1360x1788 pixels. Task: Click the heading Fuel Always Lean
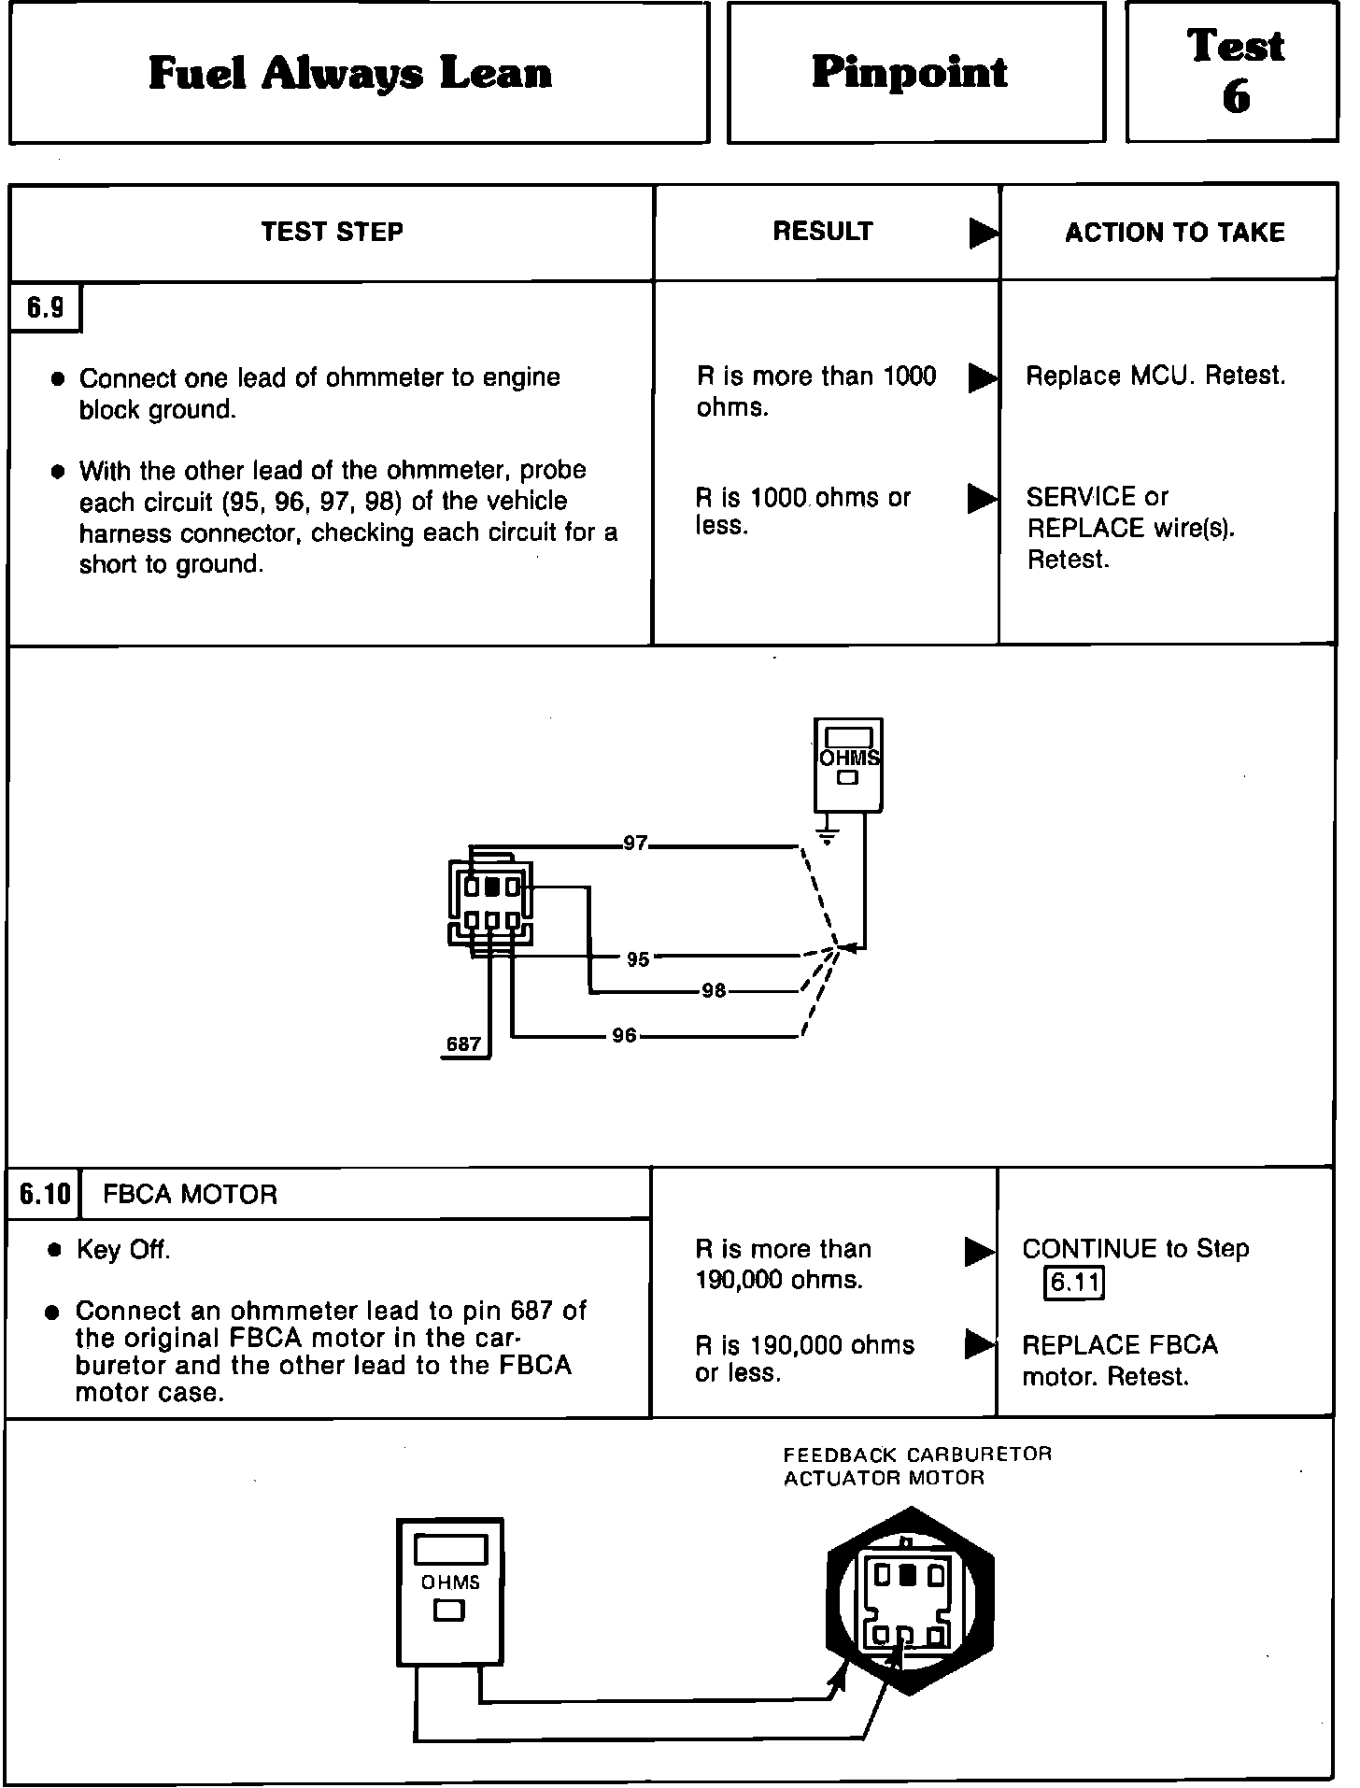click(350, 74)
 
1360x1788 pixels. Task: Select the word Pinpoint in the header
click(910, 73)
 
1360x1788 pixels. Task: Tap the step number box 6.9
click(45, 307)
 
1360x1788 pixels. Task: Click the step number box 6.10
click(44, 1194)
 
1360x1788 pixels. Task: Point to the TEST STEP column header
click(332, 232)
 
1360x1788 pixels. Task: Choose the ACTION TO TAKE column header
click(1174, 233)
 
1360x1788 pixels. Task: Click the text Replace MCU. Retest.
click(1155, 376)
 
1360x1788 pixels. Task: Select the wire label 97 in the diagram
click(635, 844)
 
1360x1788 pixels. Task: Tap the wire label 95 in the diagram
click(638, 959)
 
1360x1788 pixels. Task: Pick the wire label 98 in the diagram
click(714, 990)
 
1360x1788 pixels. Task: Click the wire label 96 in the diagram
click(624, 1035)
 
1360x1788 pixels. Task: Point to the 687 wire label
click(463, 1044)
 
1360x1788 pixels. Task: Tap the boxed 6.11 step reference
click(1074, 1282)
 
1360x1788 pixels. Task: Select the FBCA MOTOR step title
click(190, 1195)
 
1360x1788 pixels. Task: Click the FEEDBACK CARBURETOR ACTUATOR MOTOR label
click(917, 1466)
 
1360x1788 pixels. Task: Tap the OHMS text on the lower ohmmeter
click(450, 1582)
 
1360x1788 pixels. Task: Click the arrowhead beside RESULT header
click(983, 233)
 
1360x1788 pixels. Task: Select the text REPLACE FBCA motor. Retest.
click(1119, 1360)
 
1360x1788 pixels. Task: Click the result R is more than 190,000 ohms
click(783, 1264)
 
